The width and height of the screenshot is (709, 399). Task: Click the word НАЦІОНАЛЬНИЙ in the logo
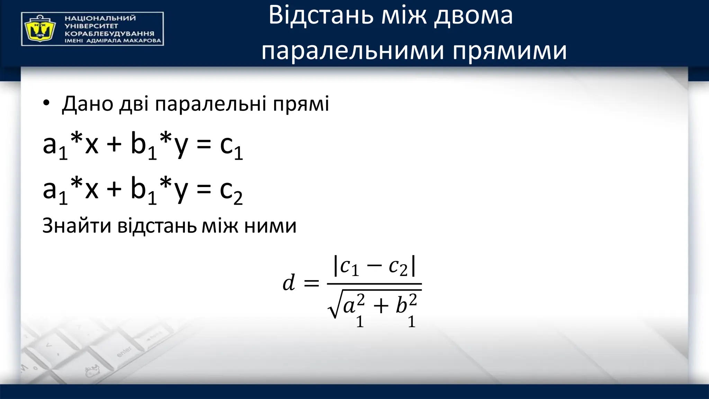click(100, 18)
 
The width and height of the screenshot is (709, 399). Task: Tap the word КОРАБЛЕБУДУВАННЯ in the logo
click(109, 34)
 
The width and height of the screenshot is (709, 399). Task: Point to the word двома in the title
click(473, 16)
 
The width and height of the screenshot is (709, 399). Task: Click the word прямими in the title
click(510, 51)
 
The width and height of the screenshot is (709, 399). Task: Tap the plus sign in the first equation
click(114, 144)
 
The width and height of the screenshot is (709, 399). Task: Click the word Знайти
click(77, 226)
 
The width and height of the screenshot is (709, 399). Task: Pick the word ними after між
click(270, 226)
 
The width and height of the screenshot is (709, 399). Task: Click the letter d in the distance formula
click(288, 282)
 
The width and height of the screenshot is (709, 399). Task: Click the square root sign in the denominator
click(333, 305)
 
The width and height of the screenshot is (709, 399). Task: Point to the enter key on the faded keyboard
click(124, 352)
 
